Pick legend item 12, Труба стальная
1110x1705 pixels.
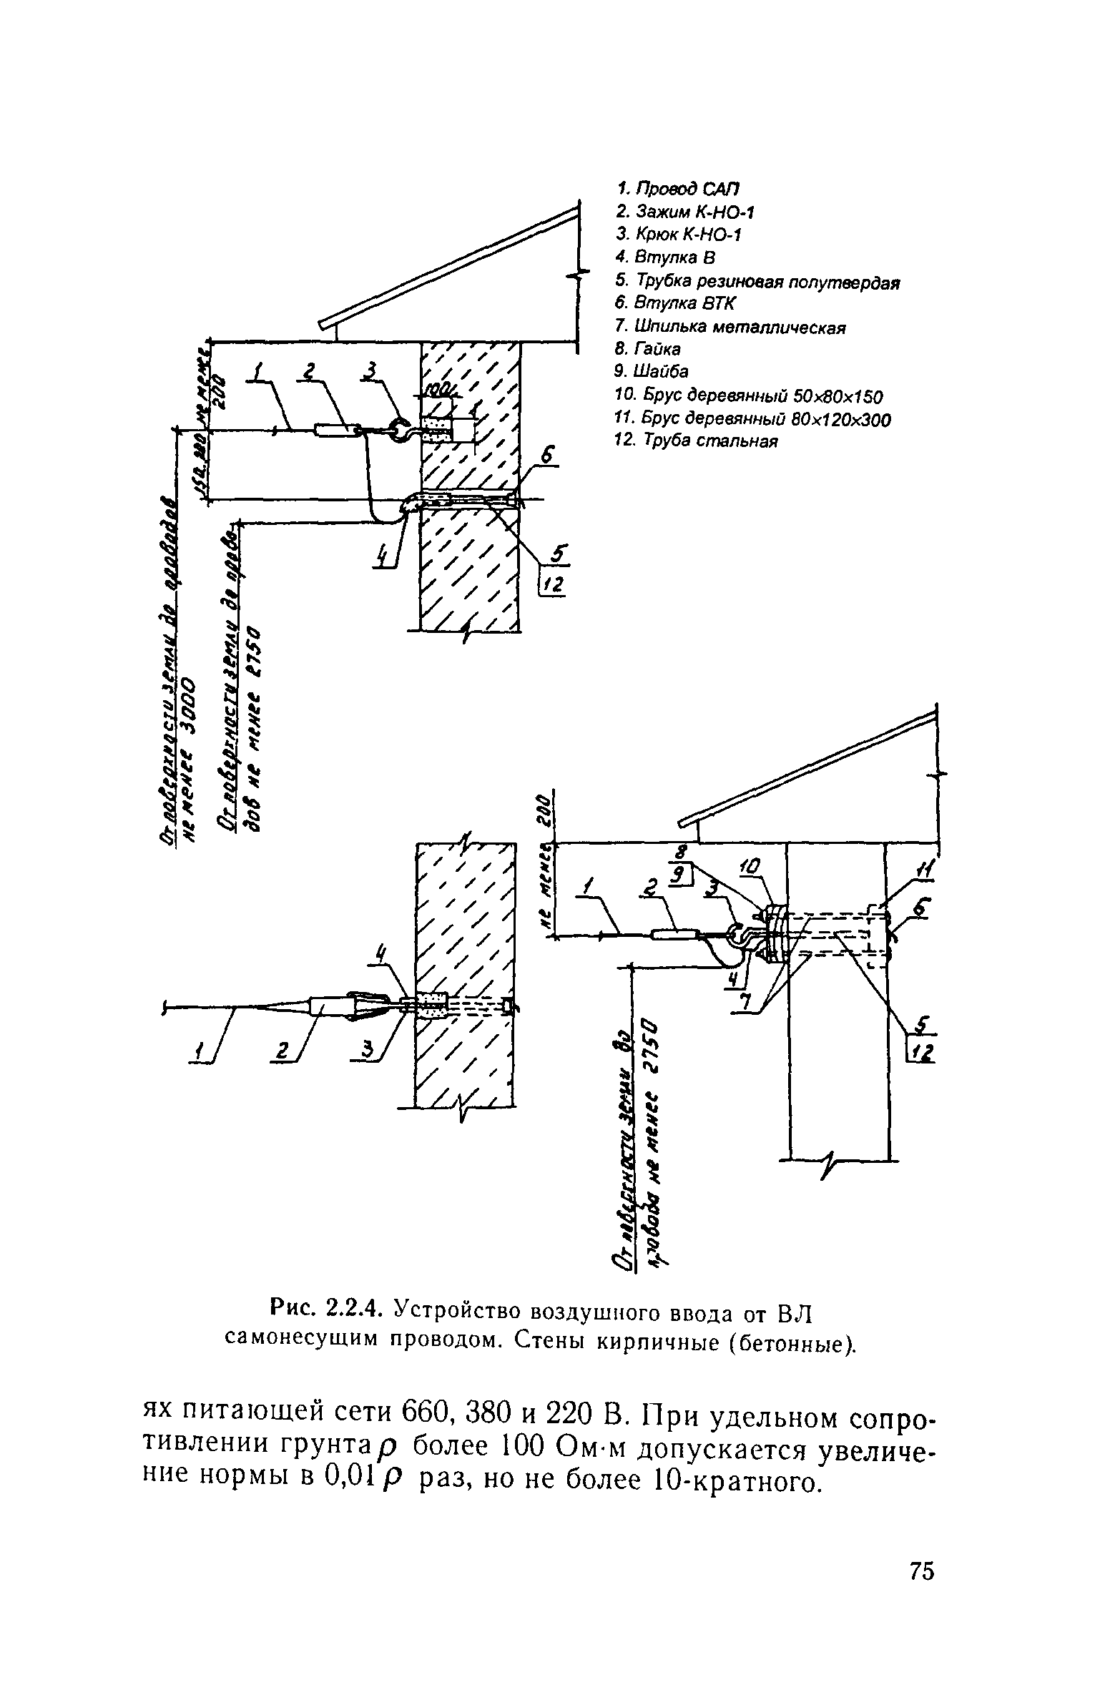[696, 440]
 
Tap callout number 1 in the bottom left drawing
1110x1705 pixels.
[202, 1051]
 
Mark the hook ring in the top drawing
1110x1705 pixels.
[398, 430]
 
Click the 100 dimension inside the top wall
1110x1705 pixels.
[435, 390]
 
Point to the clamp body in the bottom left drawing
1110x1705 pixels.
[327, 1006]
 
